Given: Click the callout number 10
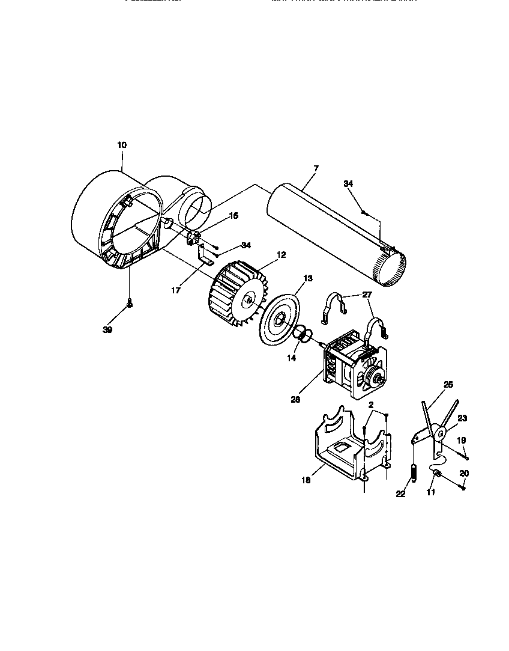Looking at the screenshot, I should click(122, 145).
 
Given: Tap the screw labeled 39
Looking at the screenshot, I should click(128, 307).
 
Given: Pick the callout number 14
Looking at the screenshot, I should click(292, 358).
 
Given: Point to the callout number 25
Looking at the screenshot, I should click(448, 384).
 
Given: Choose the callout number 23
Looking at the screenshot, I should click(462, 418).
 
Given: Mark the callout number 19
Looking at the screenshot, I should click(461, 440).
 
